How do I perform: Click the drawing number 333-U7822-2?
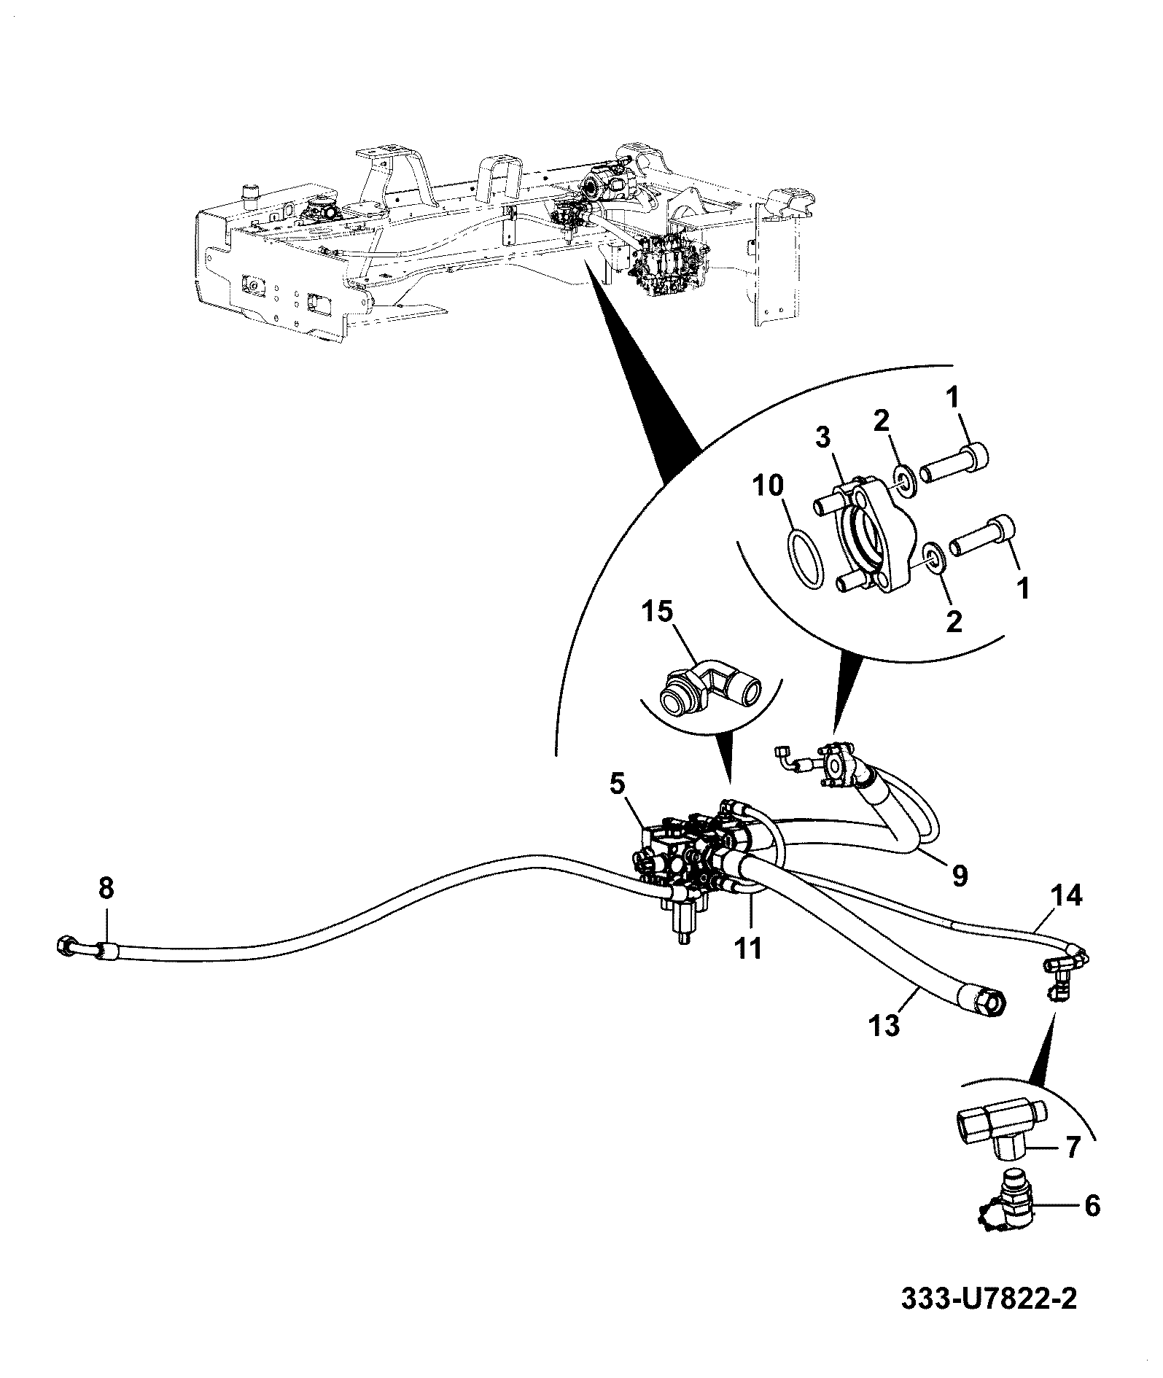pyautogui.click(x=988, y=1318)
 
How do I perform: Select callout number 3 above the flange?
pyautogui.click(x=823, y=440)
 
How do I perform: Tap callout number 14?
pyautogui.click(x=1065, y=895)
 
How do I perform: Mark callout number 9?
pyautogui.click(x=960, y=876)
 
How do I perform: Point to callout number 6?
pyautogui.click(x=1092, y=1206)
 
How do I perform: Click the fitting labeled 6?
pyautogui.click(x=1006, y=1215)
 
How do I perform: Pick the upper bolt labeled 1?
pyautogui.click(x=953, y=464)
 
